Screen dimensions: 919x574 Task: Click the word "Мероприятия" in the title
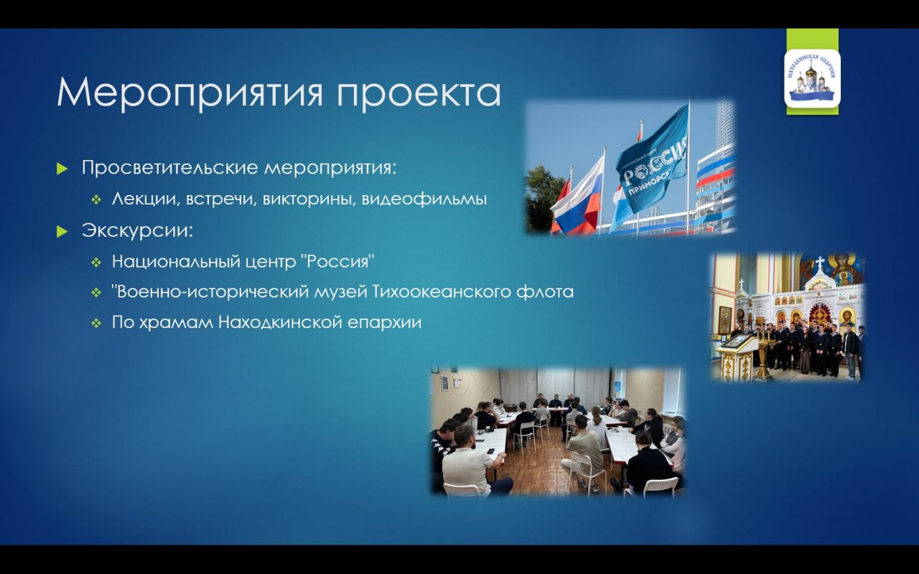coord(189,93)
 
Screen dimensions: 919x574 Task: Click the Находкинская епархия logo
coord(812,78)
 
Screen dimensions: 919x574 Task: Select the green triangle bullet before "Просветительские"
coord(62,168)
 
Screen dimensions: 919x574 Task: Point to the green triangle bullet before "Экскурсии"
coord(62,231)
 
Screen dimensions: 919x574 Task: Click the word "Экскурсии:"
coord(137,231)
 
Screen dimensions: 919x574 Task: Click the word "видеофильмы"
coord(424,199)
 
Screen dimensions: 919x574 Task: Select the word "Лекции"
coord(146,199)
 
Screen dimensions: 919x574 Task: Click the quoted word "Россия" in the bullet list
coord(338,262)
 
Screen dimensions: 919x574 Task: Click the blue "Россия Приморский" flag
coord(653,160)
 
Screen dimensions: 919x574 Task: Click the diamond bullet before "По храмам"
coord(96,324)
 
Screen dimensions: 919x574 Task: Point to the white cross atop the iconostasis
coord(820,263)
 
